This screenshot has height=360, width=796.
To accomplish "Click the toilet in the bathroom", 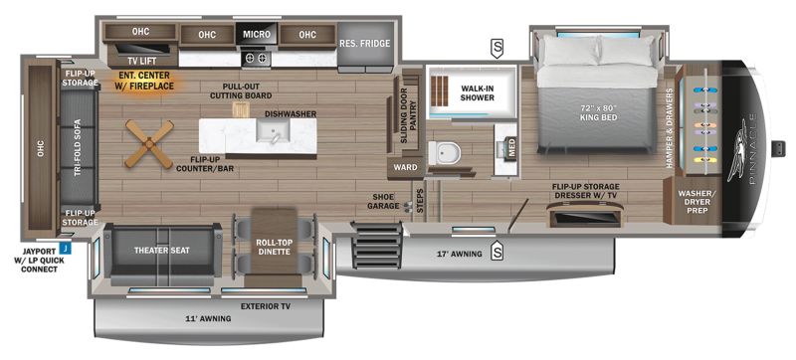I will (x=446, y=153).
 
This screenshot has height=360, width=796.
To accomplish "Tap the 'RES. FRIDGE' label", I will (x=363, y=43).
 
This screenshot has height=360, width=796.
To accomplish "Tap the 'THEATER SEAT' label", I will (x=162, y=250).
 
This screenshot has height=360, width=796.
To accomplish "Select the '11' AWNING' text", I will (x=208, y=318).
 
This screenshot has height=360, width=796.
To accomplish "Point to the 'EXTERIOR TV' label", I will (x=265, y=306).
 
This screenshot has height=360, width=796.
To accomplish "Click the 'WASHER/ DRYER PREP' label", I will (x=695, y=201).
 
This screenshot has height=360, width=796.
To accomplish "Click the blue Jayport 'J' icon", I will (x=64, y=246).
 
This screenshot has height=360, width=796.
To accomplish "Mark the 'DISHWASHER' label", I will (x=291, y=113).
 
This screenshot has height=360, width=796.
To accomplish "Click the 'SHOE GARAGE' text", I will (x=386, y=201).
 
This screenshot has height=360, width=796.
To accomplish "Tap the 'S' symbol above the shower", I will (x=496, y=46).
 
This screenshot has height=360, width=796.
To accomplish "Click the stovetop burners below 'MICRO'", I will (x=256, y=57).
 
